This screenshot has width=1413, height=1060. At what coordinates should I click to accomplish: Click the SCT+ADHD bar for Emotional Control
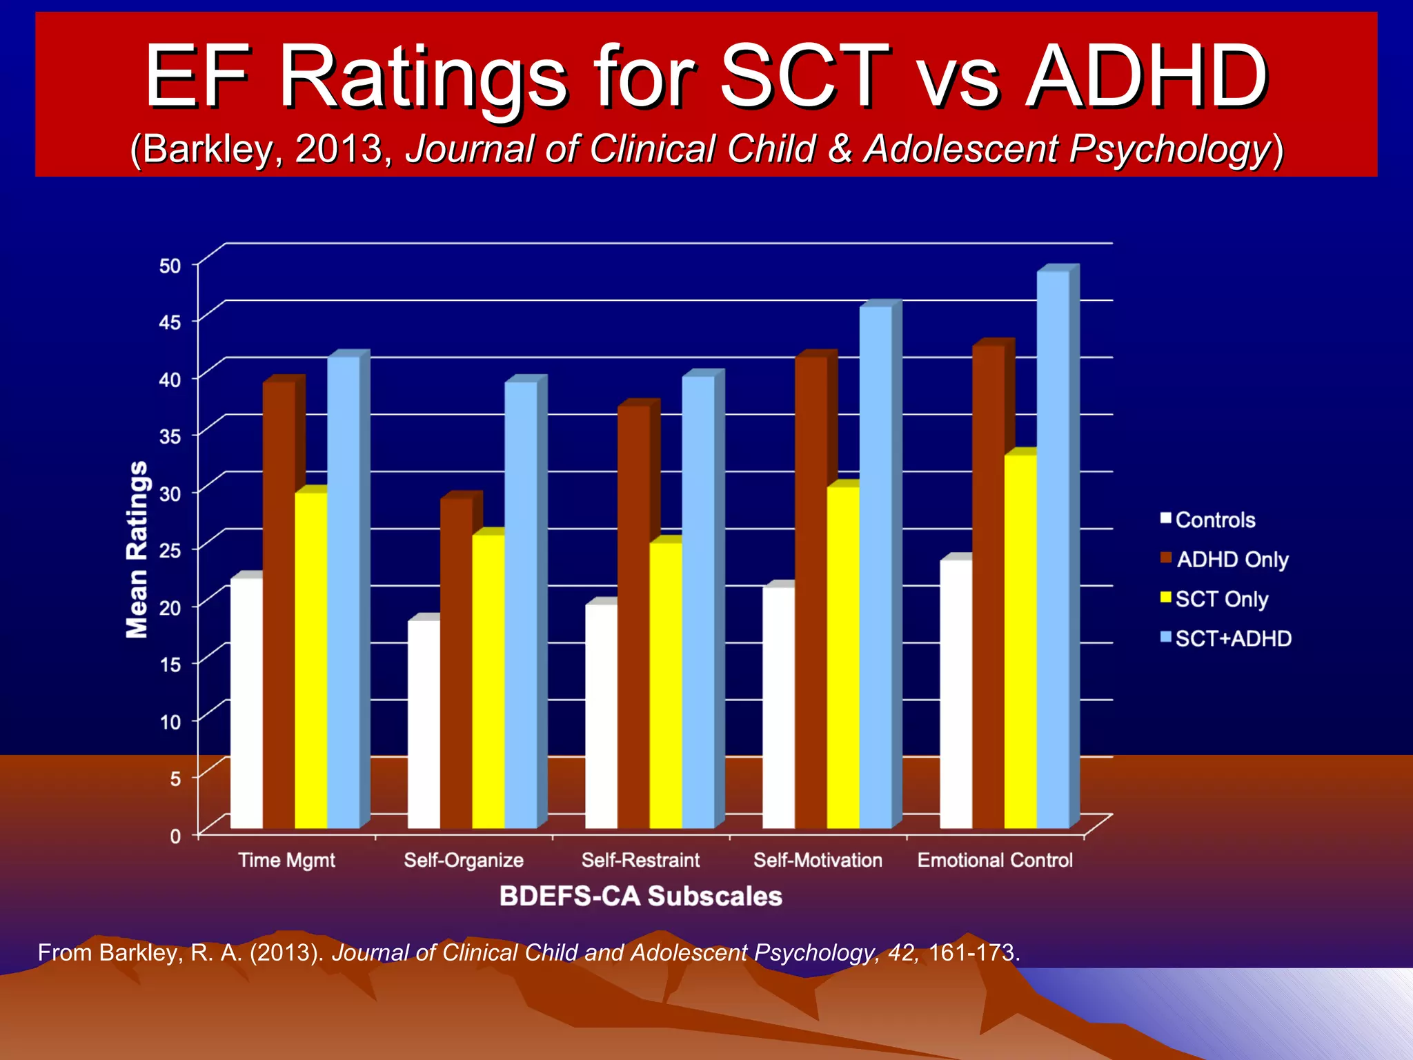pos(1053,552)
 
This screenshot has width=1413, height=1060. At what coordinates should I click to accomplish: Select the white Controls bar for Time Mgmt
pos(246,704)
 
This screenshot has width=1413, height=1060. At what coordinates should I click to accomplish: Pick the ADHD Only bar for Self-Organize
pos(456,662)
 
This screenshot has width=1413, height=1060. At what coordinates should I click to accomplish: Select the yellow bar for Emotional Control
pos(1020,642)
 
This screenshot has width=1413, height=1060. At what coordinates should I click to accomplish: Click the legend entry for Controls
pos(1214,520)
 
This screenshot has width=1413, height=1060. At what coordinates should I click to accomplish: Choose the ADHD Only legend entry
pos(1232,559)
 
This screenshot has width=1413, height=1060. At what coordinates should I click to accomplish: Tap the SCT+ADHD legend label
pos(1233,638)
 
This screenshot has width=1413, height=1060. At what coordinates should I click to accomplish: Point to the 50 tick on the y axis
pos(170,266)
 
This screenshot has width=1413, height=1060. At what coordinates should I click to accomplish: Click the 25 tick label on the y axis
pos(170,551)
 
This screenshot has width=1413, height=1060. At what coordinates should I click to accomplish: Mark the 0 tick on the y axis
pos(175,836)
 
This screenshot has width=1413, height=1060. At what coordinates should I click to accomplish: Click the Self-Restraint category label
pos(640,860)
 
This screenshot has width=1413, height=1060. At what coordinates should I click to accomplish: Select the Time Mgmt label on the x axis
pos(286,860)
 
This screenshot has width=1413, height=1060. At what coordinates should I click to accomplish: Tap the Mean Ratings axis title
pos(137,549)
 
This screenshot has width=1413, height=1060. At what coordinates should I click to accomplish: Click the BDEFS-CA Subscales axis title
pos(640,896)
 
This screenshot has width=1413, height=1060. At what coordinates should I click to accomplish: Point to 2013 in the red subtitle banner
pos(338,149)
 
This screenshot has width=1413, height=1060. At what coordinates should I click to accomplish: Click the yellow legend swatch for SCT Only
pos(1166,597)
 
